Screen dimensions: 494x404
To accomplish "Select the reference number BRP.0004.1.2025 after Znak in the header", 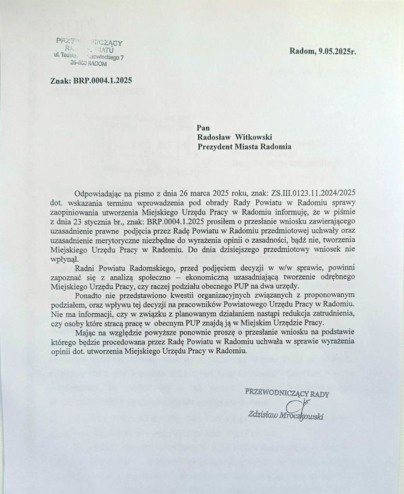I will tap(103, 80).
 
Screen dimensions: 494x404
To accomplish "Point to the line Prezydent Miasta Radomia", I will tap(244, 146).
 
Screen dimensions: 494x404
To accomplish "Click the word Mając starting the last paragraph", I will tap(85, 333).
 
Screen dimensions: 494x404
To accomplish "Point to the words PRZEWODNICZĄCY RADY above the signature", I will tap(287, 394).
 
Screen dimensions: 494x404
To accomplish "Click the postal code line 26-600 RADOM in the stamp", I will tap(88, 63).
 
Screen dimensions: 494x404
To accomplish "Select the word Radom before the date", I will tap(302, 51).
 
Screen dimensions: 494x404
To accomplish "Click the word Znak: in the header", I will tap(61, 80).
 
